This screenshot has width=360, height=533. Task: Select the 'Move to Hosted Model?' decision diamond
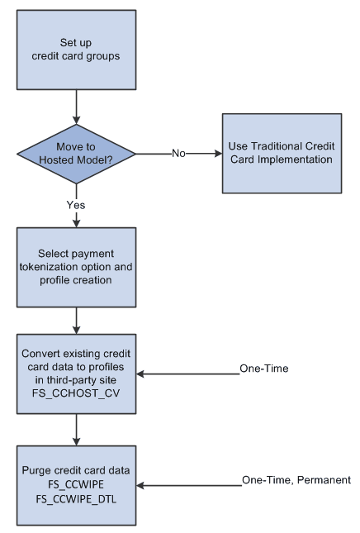pos(77,153)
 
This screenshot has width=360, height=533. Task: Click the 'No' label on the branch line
pos(178,153)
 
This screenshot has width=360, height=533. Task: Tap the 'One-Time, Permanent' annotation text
pos(296,479)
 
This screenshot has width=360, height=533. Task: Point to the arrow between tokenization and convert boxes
pos(77,320)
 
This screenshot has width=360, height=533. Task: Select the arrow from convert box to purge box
pos(77,430)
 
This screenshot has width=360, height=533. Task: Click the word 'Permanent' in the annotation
pos(323,479)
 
